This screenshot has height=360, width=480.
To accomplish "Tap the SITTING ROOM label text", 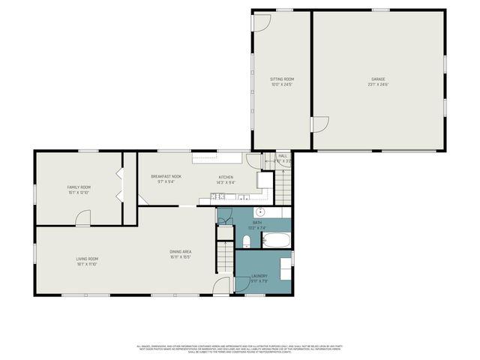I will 282,79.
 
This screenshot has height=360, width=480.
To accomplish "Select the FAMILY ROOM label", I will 79,187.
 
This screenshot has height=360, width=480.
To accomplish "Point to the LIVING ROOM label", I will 87,259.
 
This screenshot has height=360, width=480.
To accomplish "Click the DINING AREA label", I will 181,252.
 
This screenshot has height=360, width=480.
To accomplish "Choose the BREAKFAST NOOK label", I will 166,176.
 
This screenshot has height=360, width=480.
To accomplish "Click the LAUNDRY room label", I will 259,276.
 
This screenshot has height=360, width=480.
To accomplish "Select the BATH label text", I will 257,223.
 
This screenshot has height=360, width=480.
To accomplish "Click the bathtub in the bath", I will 275,241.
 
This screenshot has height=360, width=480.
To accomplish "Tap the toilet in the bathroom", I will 247,241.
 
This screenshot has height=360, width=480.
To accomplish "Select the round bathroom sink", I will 262,212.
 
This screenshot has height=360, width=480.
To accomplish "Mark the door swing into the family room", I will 84,217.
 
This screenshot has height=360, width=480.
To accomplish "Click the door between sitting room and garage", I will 319,125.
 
